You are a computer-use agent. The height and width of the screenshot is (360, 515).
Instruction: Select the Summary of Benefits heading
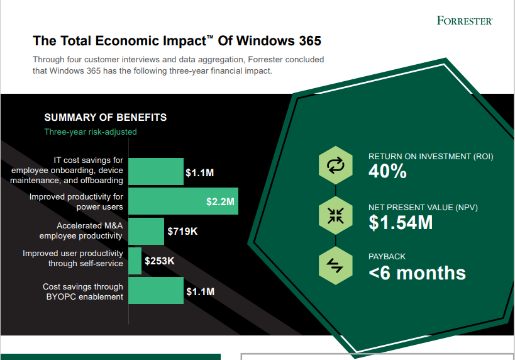[x=105, y=118]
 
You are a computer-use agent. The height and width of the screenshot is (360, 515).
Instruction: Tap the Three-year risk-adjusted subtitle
[x=90, y=132]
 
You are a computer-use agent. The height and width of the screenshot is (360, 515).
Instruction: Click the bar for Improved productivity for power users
[x=183, y=201]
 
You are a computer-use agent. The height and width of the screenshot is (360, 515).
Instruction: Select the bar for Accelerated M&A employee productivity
[x=146, y=231]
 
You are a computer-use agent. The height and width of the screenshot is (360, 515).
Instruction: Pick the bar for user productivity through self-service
[x=135, y=261]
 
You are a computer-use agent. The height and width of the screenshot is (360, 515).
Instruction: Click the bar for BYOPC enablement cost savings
[x=156, y=291]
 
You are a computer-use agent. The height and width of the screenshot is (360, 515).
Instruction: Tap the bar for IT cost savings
[x=156, y=172]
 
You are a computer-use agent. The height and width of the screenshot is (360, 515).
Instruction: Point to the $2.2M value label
[x=220, y=202]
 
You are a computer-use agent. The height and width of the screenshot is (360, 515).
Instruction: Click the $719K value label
[x=182, y=232]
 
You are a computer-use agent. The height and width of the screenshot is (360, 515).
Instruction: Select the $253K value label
[x=159, y=261]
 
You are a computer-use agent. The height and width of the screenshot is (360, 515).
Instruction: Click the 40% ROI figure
[x=387, y=172]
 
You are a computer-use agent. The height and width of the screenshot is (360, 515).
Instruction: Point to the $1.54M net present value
[x=400, y=222]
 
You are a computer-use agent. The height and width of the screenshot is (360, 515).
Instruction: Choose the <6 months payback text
[x=417, y=273]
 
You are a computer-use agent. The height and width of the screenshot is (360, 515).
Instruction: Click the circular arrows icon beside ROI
[x=335, y=165]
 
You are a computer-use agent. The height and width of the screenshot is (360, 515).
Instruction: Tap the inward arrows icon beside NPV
[x=335, y=215]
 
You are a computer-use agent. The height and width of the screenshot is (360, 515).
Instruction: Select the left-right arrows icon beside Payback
[x=335, y=266]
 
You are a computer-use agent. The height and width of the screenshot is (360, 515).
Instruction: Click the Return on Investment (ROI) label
[x=430, y=157]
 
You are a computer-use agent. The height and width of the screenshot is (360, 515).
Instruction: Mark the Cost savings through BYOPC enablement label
[x=83, y=291]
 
